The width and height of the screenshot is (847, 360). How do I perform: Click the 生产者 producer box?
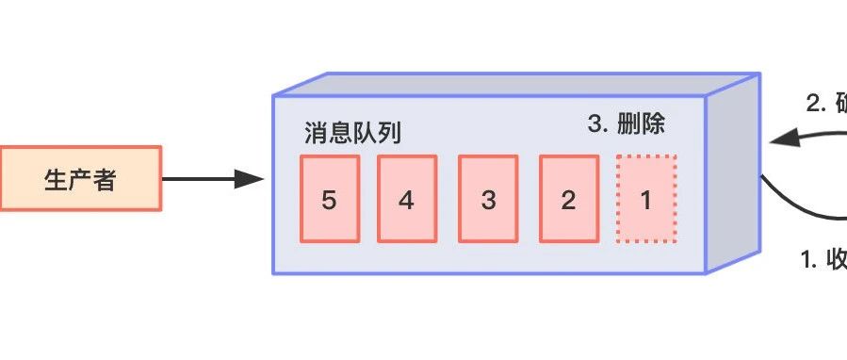click(x=80, y=179)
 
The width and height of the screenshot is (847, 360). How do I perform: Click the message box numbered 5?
click(x=330, y=199)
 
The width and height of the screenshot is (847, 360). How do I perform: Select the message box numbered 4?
click(x=406, y=199)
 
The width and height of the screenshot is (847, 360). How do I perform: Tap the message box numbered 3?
click(x=487, y=199)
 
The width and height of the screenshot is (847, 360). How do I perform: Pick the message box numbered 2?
click(x=568, y=199)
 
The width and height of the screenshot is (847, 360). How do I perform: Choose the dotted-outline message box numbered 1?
click(x=646, y=199)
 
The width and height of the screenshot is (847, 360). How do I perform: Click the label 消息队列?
click(x=352, y=133)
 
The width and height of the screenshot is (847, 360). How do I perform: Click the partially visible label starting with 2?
click(x=826, y=104)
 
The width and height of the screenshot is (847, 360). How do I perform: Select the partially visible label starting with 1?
click(x=823, y=261)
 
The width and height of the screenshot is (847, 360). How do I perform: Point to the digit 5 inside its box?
click(x=329, y=200)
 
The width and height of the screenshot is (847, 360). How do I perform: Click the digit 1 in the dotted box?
click(x=646, y=200)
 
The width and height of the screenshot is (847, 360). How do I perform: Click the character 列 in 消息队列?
click(x=389, y=133)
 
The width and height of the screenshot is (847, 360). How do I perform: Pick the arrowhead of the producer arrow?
click(x=250, y=179)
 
